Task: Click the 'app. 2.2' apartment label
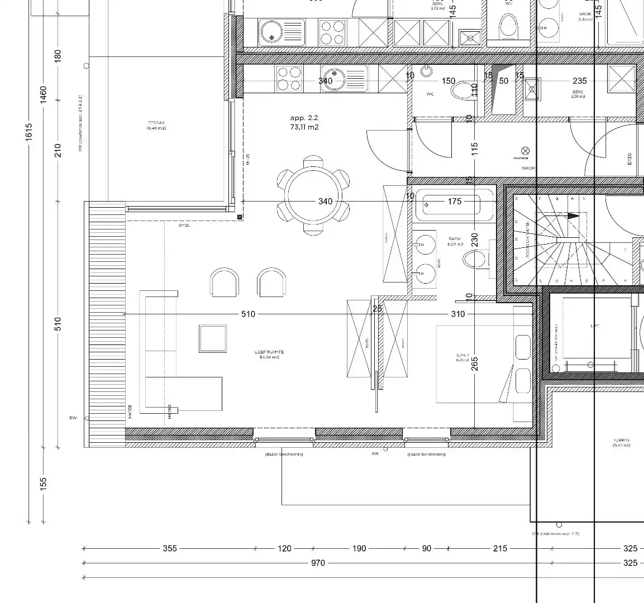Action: pos(304,118)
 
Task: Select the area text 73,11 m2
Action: pos(304,127)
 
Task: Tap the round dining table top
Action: pos(313,197)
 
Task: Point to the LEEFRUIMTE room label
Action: pos(269,352)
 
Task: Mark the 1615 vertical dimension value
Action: pos(29,132)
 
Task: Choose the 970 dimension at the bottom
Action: pos(318,563)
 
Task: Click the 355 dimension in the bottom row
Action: pos(170,548)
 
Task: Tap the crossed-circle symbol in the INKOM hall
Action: pos(524,150)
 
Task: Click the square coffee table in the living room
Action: pos(213,338)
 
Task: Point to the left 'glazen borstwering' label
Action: pos(284,454)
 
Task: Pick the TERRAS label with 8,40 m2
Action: pos(156,125)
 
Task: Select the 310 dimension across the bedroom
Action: pos(458,314)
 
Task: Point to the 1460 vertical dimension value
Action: pos(44,94)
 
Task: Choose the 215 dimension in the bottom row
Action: pos(500,548)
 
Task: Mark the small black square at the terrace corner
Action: pos(240,217)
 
